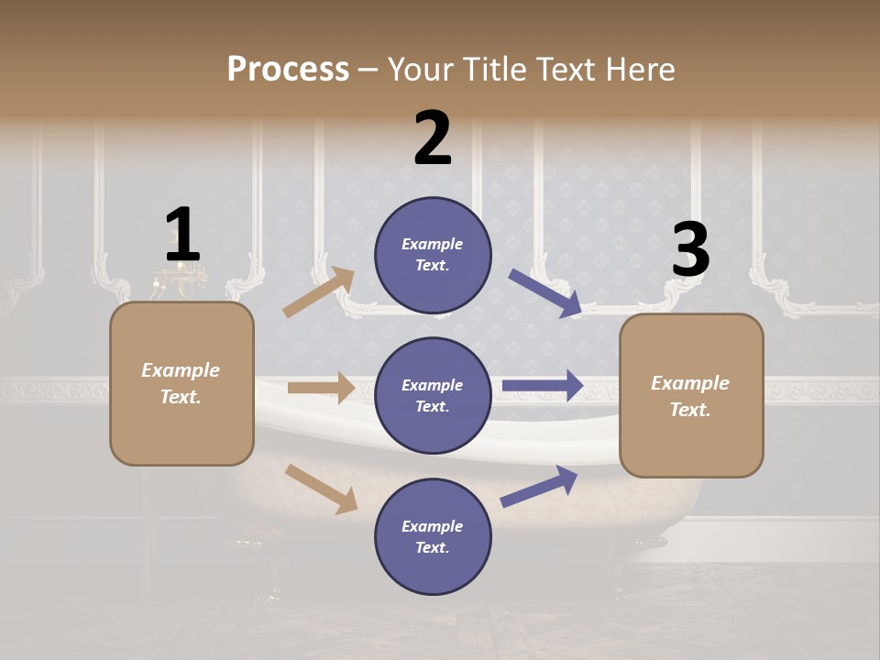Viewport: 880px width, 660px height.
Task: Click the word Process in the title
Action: pyautogui.click(x=288, y=70)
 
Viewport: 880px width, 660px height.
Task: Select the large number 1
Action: pyautogui.click(x=182, y=236)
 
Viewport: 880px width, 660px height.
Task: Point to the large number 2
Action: pyautogui.click(x=433, y=138)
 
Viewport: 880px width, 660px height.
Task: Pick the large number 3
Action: pyautogui.click(x=690, y=249)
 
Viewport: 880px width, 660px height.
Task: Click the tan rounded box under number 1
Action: pyautogui.click(x=181, y=383)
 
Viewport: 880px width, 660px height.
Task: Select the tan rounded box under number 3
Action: pyautogui.click(x=691, y=395)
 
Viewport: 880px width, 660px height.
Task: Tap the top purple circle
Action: pyautogui.click(x=433, y=255)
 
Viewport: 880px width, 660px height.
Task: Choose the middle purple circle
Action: pyautogui.click(x=433, y=395)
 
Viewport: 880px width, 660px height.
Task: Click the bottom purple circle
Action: pyautogui.click(x=433, y=536)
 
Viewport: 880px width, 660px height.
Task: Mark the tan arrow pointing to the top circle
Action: pyautogui.click(x=318, y=292)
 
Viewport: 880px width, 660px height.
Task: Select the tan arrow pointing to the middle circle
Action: pyautogui.click(x=321, y=388)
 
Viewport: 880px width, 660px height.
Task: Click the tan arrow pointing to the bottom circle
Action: pyautogui.click(x=321, y=489)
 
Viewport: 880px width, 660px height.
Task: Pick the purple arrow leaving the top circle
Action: pyautogui.click(x=544, y=293)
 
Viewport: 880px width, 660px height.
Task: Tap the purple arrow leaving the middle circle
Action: pyautogui.click(x=543, y=385)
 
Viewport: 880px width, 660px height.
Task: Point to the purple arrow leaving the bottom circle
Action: pyautogui.click(x=539, y=486)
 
